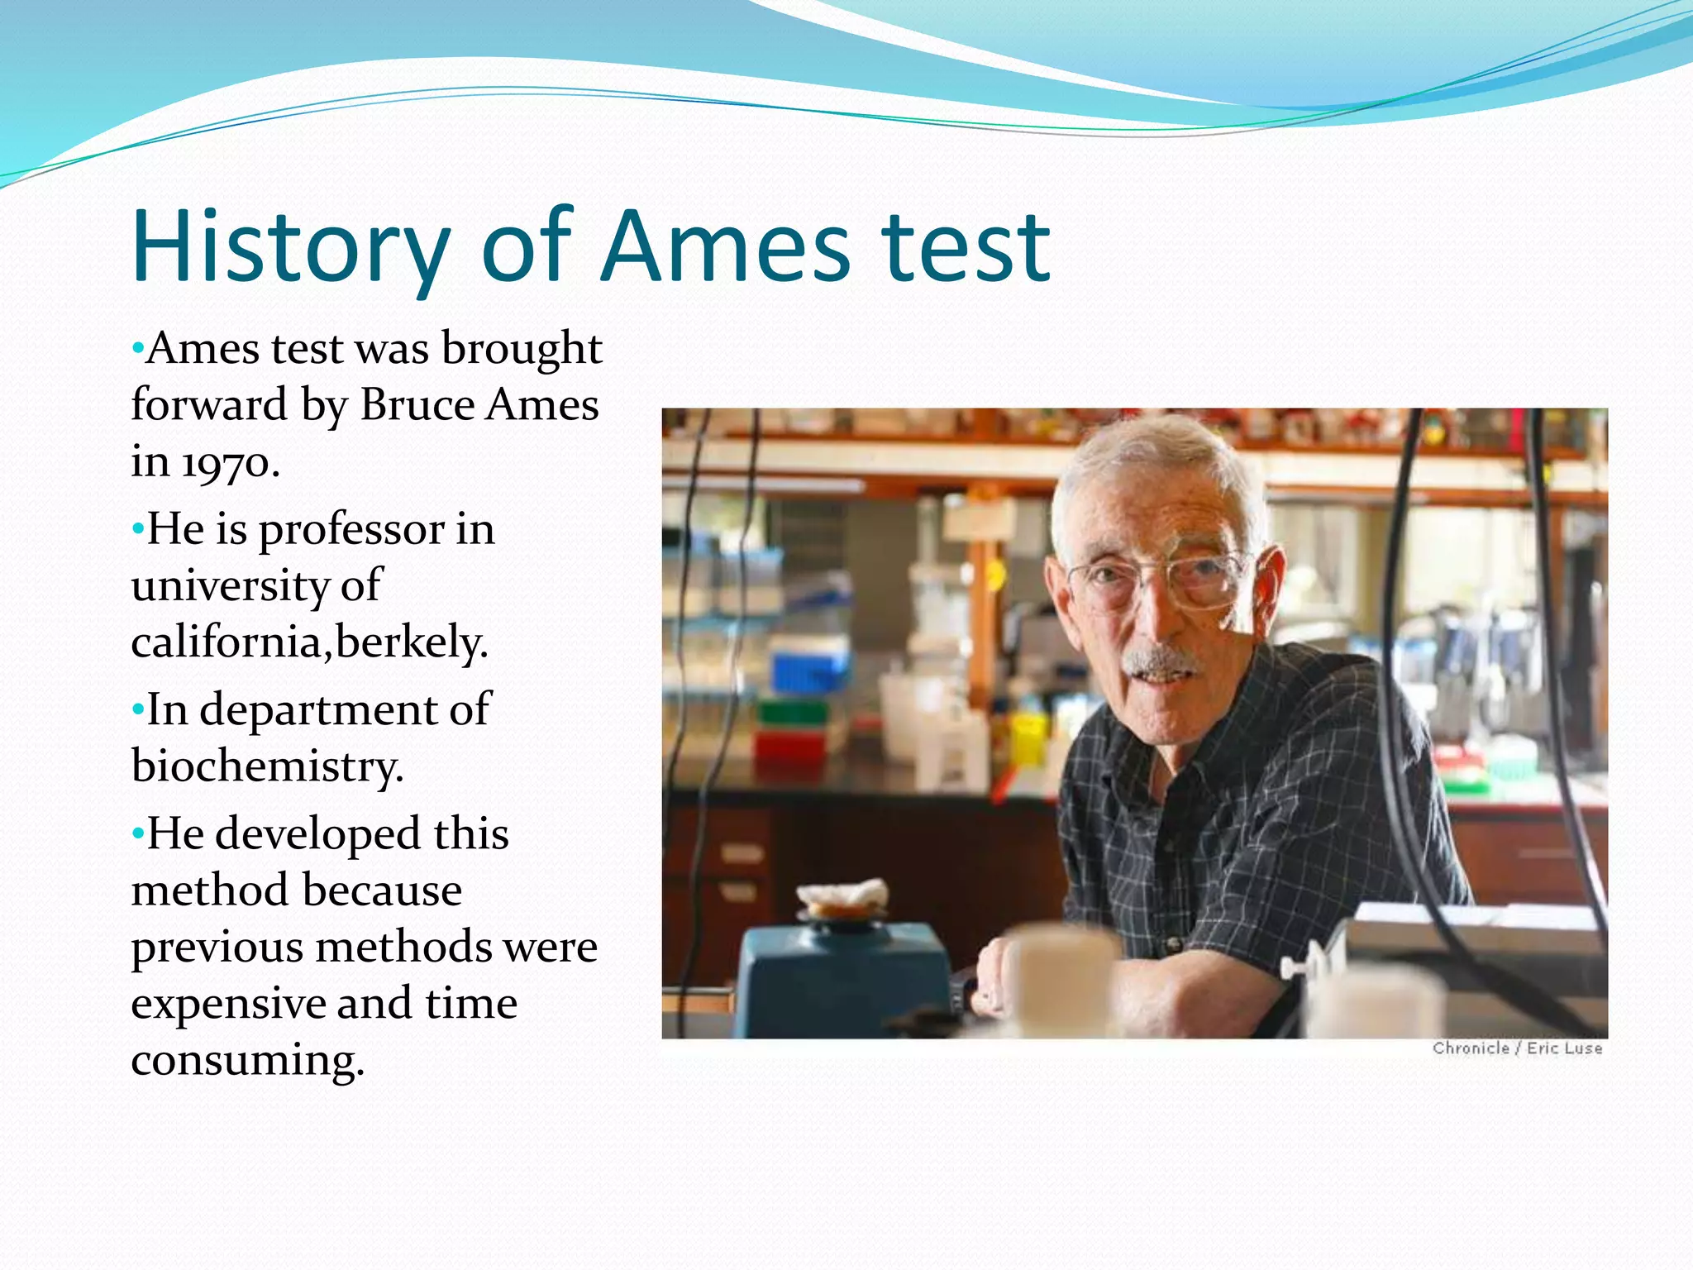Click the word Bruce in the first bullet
coord(417,405)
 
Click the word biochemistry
coord(266,766)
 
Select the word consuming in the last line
coord(246,1060)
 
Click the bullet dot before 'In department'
coord(137,709)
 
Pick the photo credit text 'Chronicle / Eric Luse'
coord(1517,1048)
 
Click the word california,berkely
coord(309,642)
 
